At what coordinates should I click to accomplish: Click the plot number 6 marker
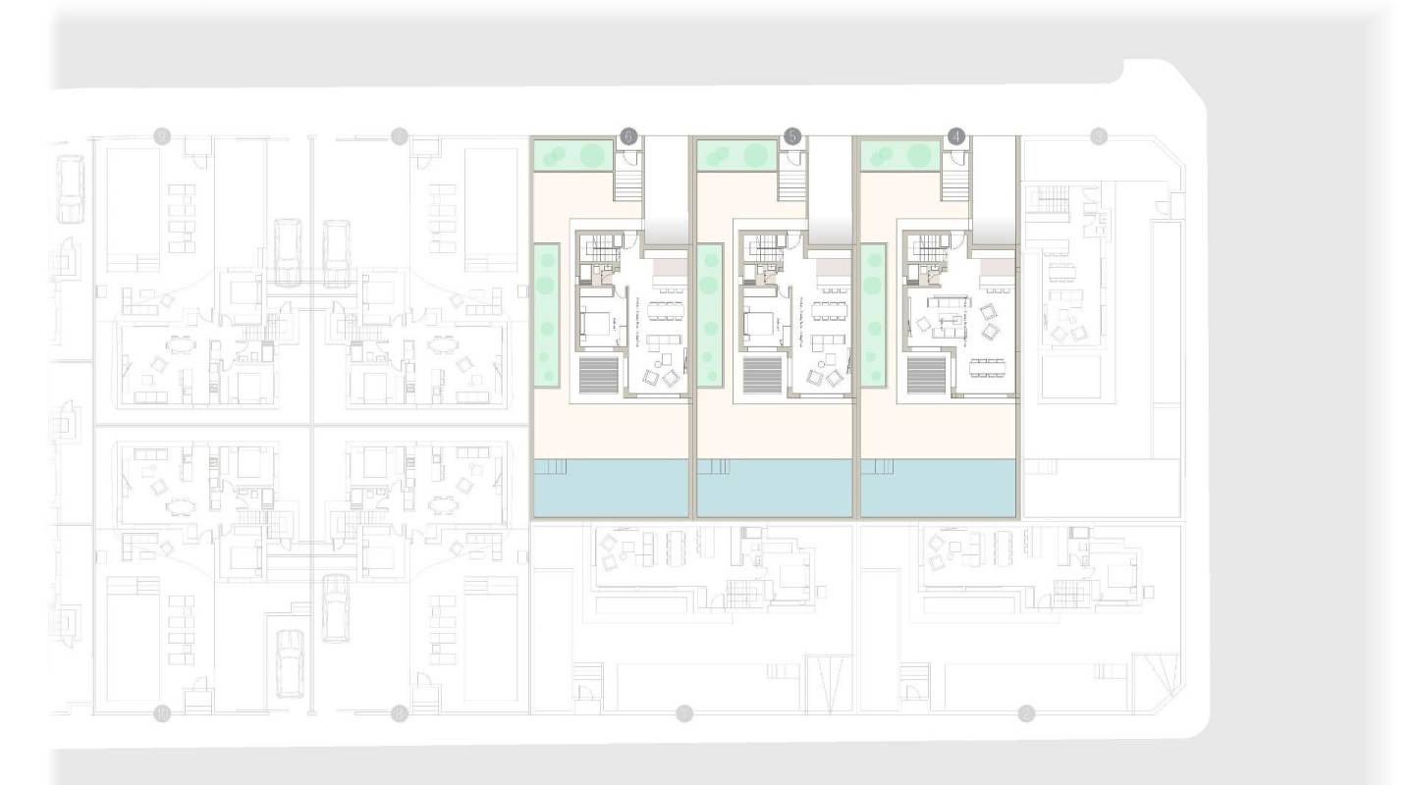tap(627, 137)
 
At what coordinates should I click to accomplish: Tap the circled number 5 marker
tap(792, 137)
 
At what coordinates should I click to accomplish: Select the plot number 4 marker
tap(957, 137)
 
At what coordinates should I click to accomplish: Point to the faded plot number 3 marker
tap(1099, 137)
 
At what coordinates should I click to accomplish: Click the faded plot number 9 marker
tap(163, 136)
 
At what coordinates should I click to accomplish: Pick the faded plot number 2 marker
tap(1026, 713)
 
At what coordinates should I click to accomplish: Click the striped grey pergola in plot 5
tap(762, 375)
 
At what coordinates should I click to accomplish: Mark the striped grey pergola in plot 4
tap(927, 375)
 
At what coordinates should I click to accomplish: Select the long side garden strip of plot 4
tap(873, 314)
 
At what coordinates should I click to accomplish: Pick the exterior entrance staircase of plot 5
tap(792, 185)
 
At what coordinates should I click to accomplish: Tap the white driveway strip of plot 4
tap(994, 186)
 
